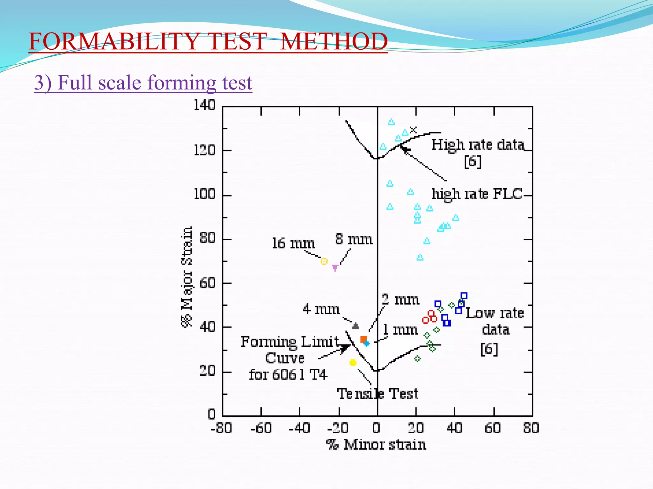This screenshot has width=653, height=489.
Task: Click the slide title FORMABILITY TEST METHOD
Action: click(208, 41)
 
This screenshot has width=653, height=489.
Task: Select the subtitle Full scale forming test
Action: click(143, 83)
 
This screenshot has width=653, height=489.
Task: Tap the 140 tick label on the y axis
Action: click(205, 105)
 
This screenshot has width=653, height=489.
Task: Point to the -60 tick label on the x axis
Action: click(261, 428)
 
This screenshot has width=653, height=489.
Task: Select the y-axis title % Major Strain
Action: click(187, 276)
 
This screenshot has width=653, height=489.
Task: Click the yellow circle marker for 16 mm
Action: click(324, 261)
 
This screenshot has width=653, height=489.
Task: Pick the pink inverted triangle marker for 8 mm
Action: click(335, 268)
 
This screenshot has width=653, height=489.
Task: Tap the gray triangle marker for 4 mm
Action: click(356, 326)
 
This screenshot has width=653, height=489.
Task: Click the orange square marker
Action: click(363, 339)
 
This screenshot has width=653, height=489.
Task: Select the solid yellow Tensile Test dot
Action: click(353, 363)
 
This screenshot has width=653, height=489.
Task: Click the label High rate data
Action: click(478, 145)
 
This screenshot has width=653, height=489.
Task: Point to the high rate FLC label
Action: click(477, 194)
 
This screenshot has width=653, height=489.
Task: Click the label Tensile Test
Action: click(378, 394)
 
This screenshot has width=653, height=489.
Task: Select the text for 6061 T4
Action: click(288, 375)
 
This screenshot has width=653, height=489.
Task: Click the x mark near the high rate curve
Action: click(413, 130)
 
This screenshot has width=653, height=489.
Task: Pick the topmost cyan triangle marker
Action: click(391, 122)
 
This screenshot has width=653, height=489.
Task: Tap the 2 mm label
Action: click(400, 300)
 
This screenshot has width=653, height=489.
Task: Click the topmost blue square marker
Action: click(464, 296)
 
